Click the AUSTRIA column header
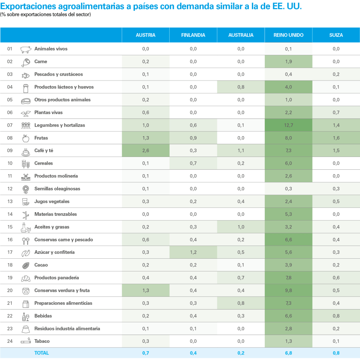pyautogui.click(x=146, y=35)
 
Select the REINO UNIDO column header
pyautogui.click(x=288, y=35)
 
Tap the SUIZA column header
pyautogui.click(x=336, y=35)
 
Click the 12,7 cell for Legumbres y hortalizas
pyautogui.click(x=288, y=125)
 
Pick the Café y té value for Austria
pyautogui.click(x=146, y=151)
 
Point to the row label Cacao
pyautogui.click(x=41, y=265)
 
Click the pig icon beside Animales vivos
pyautogui.click(x=26, y=49)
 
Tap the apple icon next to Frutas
pyautogui.click(x=26, y=138)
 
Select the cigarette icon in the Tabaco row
pyautogui.click(x=26, y=342)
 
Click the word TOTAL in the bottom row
pyautogui.click(x=42, y=353)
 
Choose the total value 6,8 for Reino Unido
pyautogui.click(x=288, y=353)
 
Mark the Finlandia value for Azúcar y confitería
pyautogui.click(x=193, y=252)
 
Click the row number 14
pyautogui.click(x=10, y=214)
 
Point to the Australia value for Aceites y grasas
pyautogui.click(x=241, y=227)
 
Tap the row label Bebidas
pyautogui.click(x=43, y=316)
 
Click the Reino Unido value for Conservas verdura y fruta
pyautogui.click(x=288, y=291)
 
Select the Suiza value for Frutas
pyautogui.click(x=336, y=138)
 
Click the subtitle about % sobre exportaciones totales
pyautogui.click(x=46, y=14)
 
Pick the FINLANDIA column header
pyautogui.click(x=193, y=35)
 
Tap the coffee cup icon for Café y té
pyautogui.click(x=26, y=151)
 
